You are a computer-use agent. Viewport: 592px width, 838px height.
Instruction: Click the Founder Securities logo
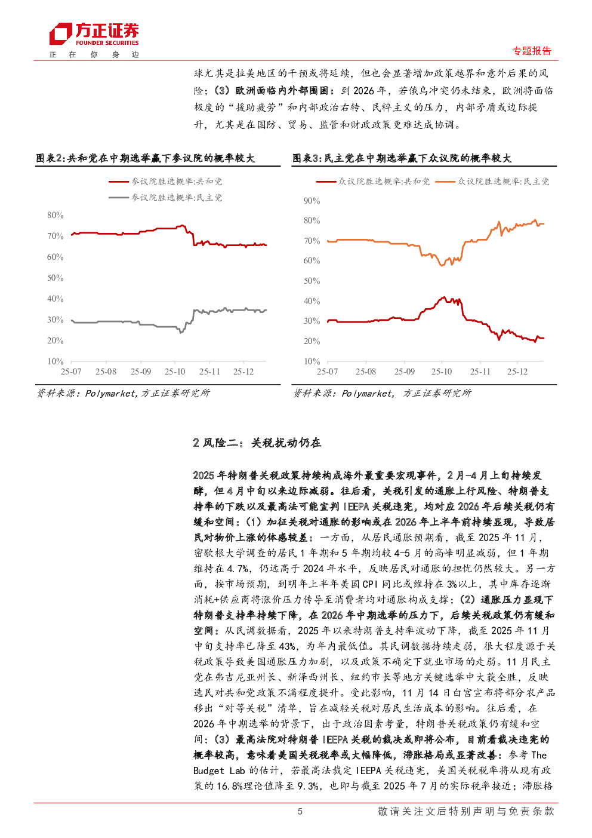click(x=94, y=34)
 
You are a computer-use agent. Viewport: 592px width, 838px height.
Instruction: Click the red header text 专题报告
click(x=532, y=51)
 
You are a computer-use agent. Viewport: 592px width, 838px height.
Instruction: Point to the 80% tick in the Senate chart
click(x=55, y=215)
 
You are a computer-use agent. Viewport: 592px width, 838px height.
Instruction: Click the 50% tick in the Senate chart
click(x=55, y=278)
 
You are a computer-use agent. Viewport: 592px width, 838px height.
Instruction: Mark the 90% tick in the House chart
click(x=312, y=201)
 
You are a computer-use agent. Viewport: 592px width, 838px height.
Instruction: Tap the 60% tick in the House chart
click(x=312, y=261)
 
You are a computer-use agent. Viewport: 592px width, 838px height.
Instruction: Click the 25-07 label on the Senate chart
click(x=71, y=372)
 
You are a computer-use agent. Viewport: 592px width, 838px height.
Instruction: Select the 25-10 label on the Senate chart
click(x=175, y=372)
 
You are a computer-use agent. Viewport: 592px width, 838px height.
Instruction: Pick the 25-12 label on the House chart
click(x=517, y=372)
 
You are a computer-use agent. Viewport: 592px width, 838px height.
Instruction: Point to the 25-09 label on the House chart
click(x=405, y=372)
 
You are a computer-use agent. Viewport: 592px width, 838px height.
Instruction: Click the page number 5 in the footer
click(x=300, y=811)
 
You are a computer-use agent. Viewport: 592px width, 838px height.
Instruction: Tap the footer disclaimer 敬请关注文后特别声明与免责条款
click(x=465, y=811)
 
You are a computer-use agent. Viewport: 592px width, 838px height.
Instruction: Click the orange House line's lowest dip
click(x=442, y=265)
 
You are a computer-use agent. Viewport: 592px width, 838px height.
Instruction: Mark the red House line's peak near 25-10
click(x=443, y=297)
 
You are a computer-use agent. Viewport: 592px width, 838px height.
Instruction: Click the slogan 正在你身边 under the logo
click(x=94, y=54)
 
